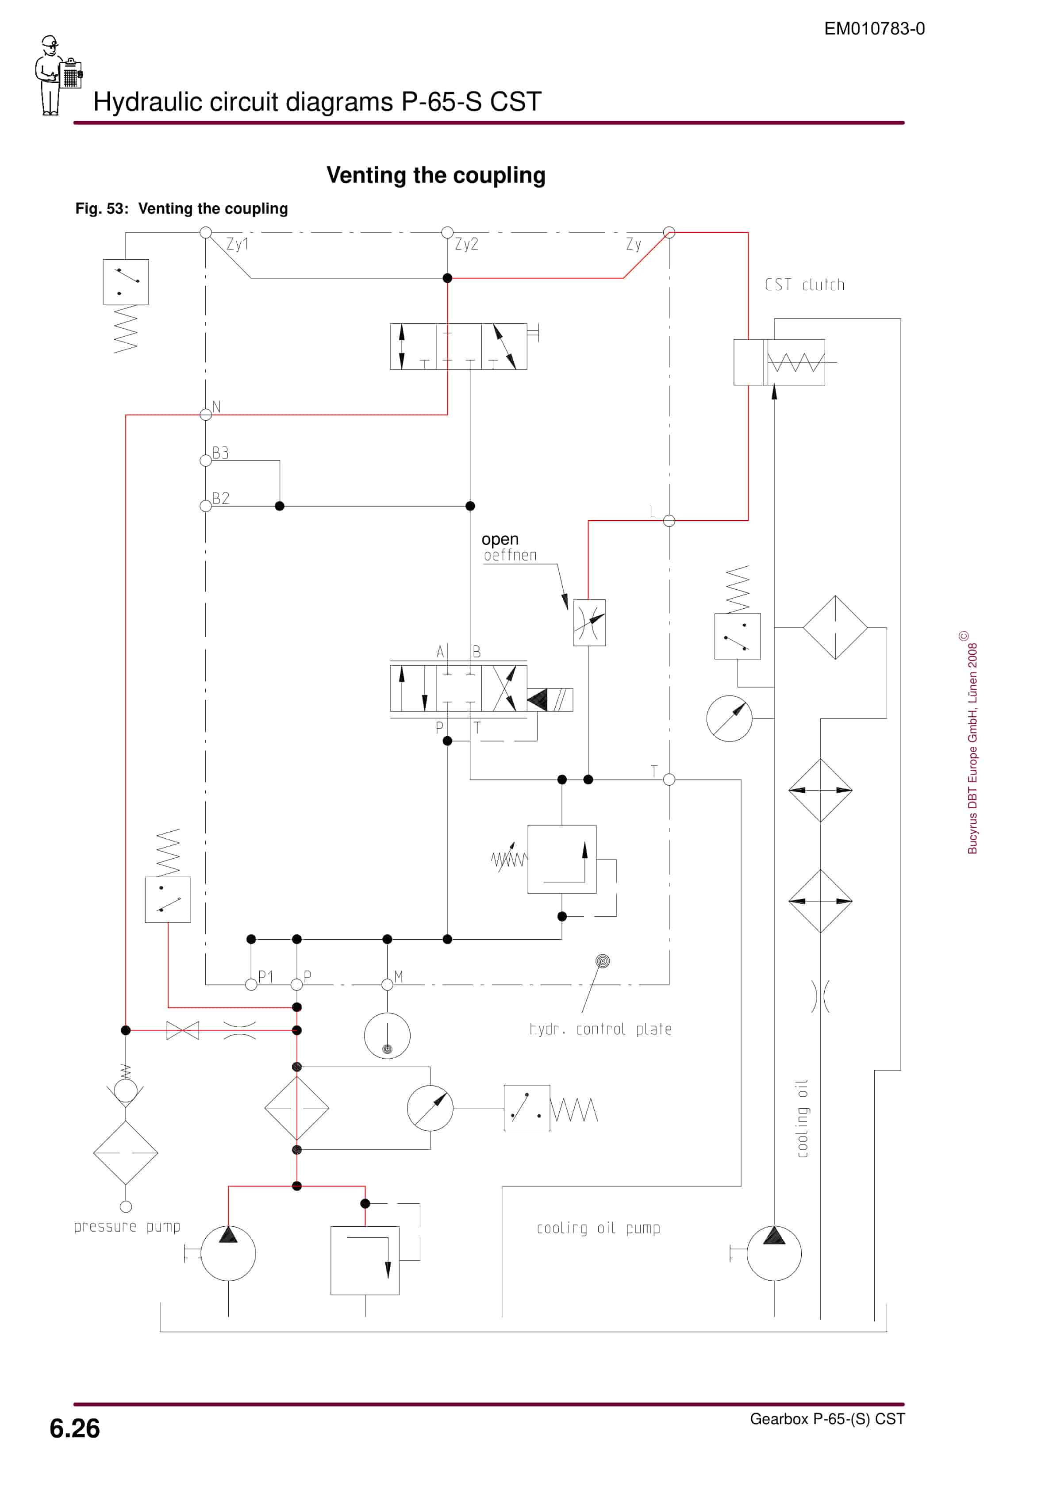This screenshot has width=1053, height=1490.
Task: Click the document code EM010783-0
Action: click(874, 29)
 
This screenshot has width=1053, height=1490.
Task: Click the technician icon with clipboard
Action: click(58, 75)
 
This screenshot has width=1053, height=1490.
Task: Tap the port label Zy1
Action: click(238, 244)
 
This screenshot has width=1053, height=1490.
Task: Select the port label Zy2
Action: click(466, 244)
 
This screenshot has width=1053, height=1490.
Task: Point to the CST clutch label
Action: click(804, 285)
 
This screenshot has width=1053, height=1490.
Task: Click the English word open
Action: click(500, 539)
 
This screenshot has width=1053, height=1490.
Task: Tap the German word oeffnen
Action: click(510, 555)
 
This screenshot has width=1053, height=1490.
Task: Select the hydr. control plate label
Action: click(600, 1029)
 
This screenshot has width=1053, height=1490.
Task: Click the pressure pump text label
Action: click(127, 1226)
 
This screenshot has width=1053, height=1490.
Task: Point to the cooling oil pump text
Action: click(598, 1228)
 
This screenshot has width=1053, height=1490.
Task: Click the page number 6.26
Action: click(75, 1429)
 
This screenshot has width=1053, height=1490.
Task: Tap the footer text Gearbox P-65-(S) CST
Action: click(827, 1419)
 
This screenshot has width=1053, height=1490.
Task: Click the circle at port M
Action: click(388, 984)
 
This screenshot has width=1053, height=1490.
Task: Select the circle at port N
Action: click(206, 415)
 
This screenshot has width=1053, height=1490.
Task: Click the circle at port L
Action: click(669, 520)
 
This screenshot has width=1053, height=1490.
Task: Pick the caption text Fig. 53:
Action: click(102, 208)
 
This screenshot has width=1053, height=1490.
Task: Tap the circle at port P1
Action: click(251, 984)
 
